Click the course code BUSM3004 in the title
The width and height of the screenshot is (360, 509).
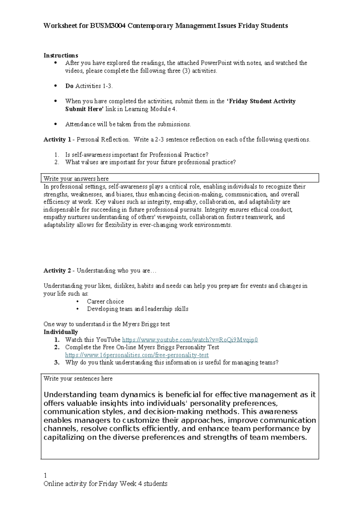(x=108, y=26)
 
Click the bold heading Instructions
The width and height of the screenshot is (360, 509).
(x=61, y=56)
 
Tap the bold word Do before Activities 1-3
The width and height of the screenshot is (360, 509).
(x=69, y=86)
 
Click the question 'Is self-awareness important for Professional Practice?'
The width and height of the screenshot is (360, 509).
(x=136, y=155)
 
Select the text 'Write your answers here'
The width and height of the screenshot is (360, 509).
(x=76, y=179)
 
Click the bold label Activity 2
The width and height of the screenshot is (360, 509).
(x=57, y=271)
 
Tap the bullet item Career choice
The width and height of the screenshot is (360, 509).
(x=105, y=301)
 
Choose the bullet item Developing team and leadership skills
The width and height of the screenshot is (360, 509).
(x=137, y=309)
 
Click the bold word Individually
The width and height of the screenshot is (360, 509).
(x=61, y=332)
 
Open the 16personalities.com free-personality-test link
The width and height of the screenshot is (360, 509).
(x=137, y=355)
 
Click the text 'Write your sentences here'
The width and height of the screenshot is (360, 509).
(x=78, y=379)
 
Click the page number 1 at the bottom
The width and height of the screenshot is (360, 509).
(x=45, y=475)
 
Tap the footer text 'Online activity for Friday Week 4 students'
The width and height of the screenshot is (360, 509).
(x=105, y=484)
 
